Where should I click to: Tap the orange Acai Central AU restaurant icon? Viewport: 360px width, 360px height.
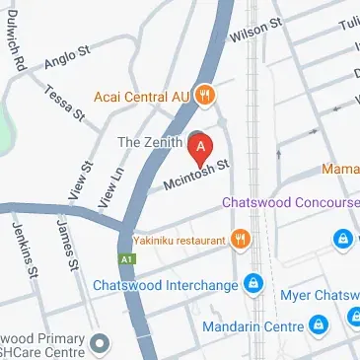(205, 97)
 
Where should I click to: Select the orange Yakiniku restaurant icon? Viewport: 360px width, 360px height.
(240, 238)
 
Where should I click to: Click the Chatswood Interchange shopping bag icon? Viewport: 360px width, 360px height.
(253, 285)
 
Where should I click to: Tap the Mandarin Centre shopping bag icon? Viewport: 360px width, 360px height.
(318, 324)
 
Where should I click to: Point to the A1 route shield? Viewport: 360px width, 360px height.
(126, 258)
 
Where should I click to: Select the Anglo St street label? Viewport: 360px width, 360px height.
(67, 59)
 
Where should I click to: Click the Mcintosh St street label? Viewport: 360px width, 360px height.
(197, 176)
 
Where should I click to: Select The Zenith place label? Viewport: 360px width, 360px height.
(150, 142)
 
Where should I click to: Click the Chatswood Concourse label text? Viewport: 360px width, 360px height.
(290, 202)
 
